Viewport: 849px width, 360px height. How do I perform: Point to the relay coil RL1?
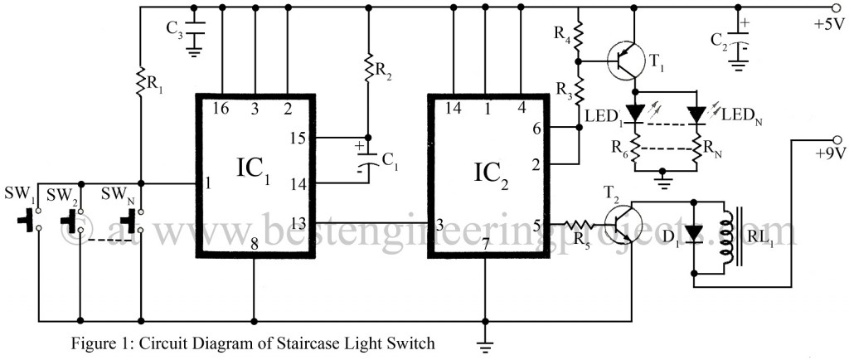[731, 234]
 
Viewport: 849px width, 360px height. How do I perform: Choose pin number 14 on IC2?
[454, 107]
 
